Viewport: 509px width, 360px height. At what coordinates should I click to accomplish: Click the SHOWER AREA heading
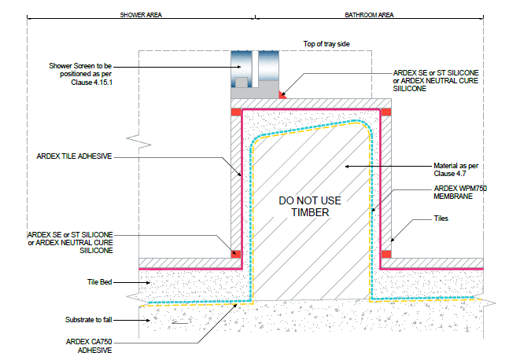[141, 15]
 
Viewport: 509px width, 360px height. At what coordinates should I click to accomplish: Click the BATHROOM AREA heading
[369, 15]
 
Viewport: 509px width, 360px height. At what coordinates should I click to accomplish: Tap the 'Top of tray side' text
[326, 44]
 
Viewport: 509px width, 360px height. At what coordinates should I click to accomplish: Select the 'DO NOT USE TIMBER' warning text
[310, 206]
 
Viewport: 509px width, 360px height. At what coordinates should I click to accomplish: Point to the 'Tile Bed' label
[99, 282]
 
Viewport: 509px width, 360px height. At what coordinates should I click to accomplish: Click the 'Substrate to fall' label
[89, 320]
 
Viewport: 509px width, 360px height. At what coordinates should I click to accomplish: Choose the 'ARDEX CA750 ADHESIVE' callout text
[89, 346]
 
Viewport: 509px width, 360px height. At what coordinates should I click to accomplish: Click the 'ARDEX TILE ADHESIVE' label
[74, 156]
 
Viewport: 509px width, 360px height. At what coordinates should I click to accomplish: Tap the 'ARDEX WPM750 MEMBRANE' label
[460, 193]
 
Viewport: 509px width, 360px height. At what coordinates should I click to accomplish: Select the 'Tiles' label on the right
[441, 219]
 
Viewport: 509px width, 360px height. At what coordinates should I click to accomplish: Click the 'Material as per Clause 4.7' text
[456, 170]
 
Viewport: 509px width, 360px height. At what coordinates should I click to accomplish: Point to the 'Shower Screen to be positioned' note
[80, 74]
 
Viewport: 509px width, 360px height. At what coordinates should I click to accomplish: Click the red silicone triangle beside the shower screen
[282, 95]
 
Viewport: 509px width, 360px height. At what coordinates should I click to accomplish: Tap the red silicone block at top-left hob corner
[236, 112]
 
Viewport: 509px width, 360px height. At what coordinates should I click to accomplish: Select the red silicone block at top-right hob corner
[386, 112]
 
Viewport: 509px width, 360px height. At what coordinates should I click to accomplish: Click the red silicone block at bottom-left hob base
[236, 254]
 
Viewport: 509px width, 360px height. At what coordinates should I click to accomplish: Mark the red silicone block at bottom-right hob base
[386, 254]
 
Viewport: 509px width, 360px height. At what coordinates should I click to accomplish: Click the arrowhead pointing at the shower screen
[239, 67]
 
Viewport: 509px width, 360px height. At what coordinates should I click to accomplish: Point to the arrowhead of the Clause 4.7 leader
[347, 167]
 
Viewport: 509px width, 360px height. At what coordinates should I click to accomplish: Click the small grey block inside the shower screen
[242, 83]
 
